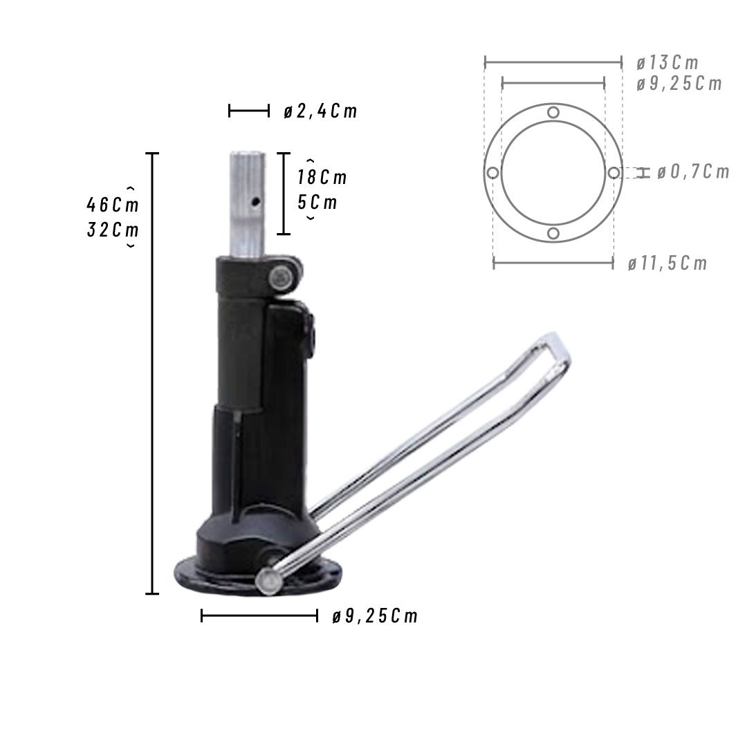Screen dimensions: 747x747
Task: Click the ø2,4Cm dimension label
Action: [320, 111]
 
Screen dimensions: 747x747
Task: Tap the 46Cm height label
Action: [113, 205]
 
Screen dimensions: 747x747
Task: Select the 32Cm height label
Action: [113, 230]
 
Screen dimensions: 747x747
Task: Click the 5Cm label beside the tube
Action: [317, 203]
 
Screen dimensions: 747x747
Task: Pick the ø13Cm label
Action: [667, 62]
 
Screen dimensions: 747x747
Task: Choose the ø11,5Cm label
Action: [667, 263]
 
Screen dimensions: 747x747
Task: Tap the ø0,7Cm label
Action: [693, 172]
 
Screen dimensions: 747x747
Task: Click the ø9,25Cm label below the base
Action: [374, 616]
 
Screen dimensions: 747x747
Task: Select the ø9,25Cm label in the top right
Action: [679, 84]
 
